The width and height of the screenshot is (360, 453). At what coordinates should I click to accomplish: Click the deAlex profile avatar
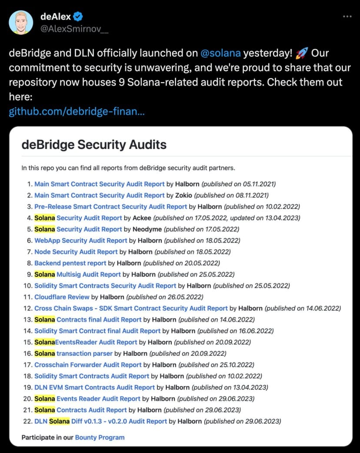(x=21, y=22)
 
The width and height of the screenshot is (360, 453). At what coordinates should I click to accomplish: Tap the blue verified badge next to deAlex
(x=78, y=17)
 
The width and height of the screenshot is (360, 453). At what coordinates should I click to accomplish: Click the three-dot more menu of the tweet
(x=347, y=17)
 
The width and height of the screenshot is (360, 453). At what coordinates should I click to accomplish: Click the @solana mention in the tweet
(x=220, y=53)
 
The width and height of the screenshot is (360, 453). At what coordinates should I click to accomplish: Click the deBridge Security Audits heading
(x=94, y=145)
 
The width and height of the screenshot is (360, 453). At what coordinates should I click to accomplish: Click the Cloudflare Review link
(x=62, y=297)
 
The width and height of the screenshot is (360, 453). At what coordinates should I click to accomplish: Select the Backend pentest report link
(x=70, y=263)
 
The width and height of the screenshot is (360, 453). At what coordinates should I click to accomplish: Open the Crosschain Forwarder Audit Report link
(x=88, y=365)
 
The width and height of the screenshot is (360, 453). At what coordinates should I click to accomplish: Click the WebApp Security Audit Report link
(x=81, y=241)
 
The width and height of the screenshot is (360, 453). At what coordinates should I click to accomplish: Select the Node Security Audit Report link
(x=76, y=252)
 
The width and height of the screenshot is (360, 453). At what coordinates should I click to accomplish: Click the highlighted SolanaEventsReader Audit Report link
(x=86, y=342)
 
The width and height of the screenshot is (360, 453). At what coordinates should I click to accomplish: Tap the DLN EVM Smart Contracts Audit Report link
(x=94, y=387)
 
